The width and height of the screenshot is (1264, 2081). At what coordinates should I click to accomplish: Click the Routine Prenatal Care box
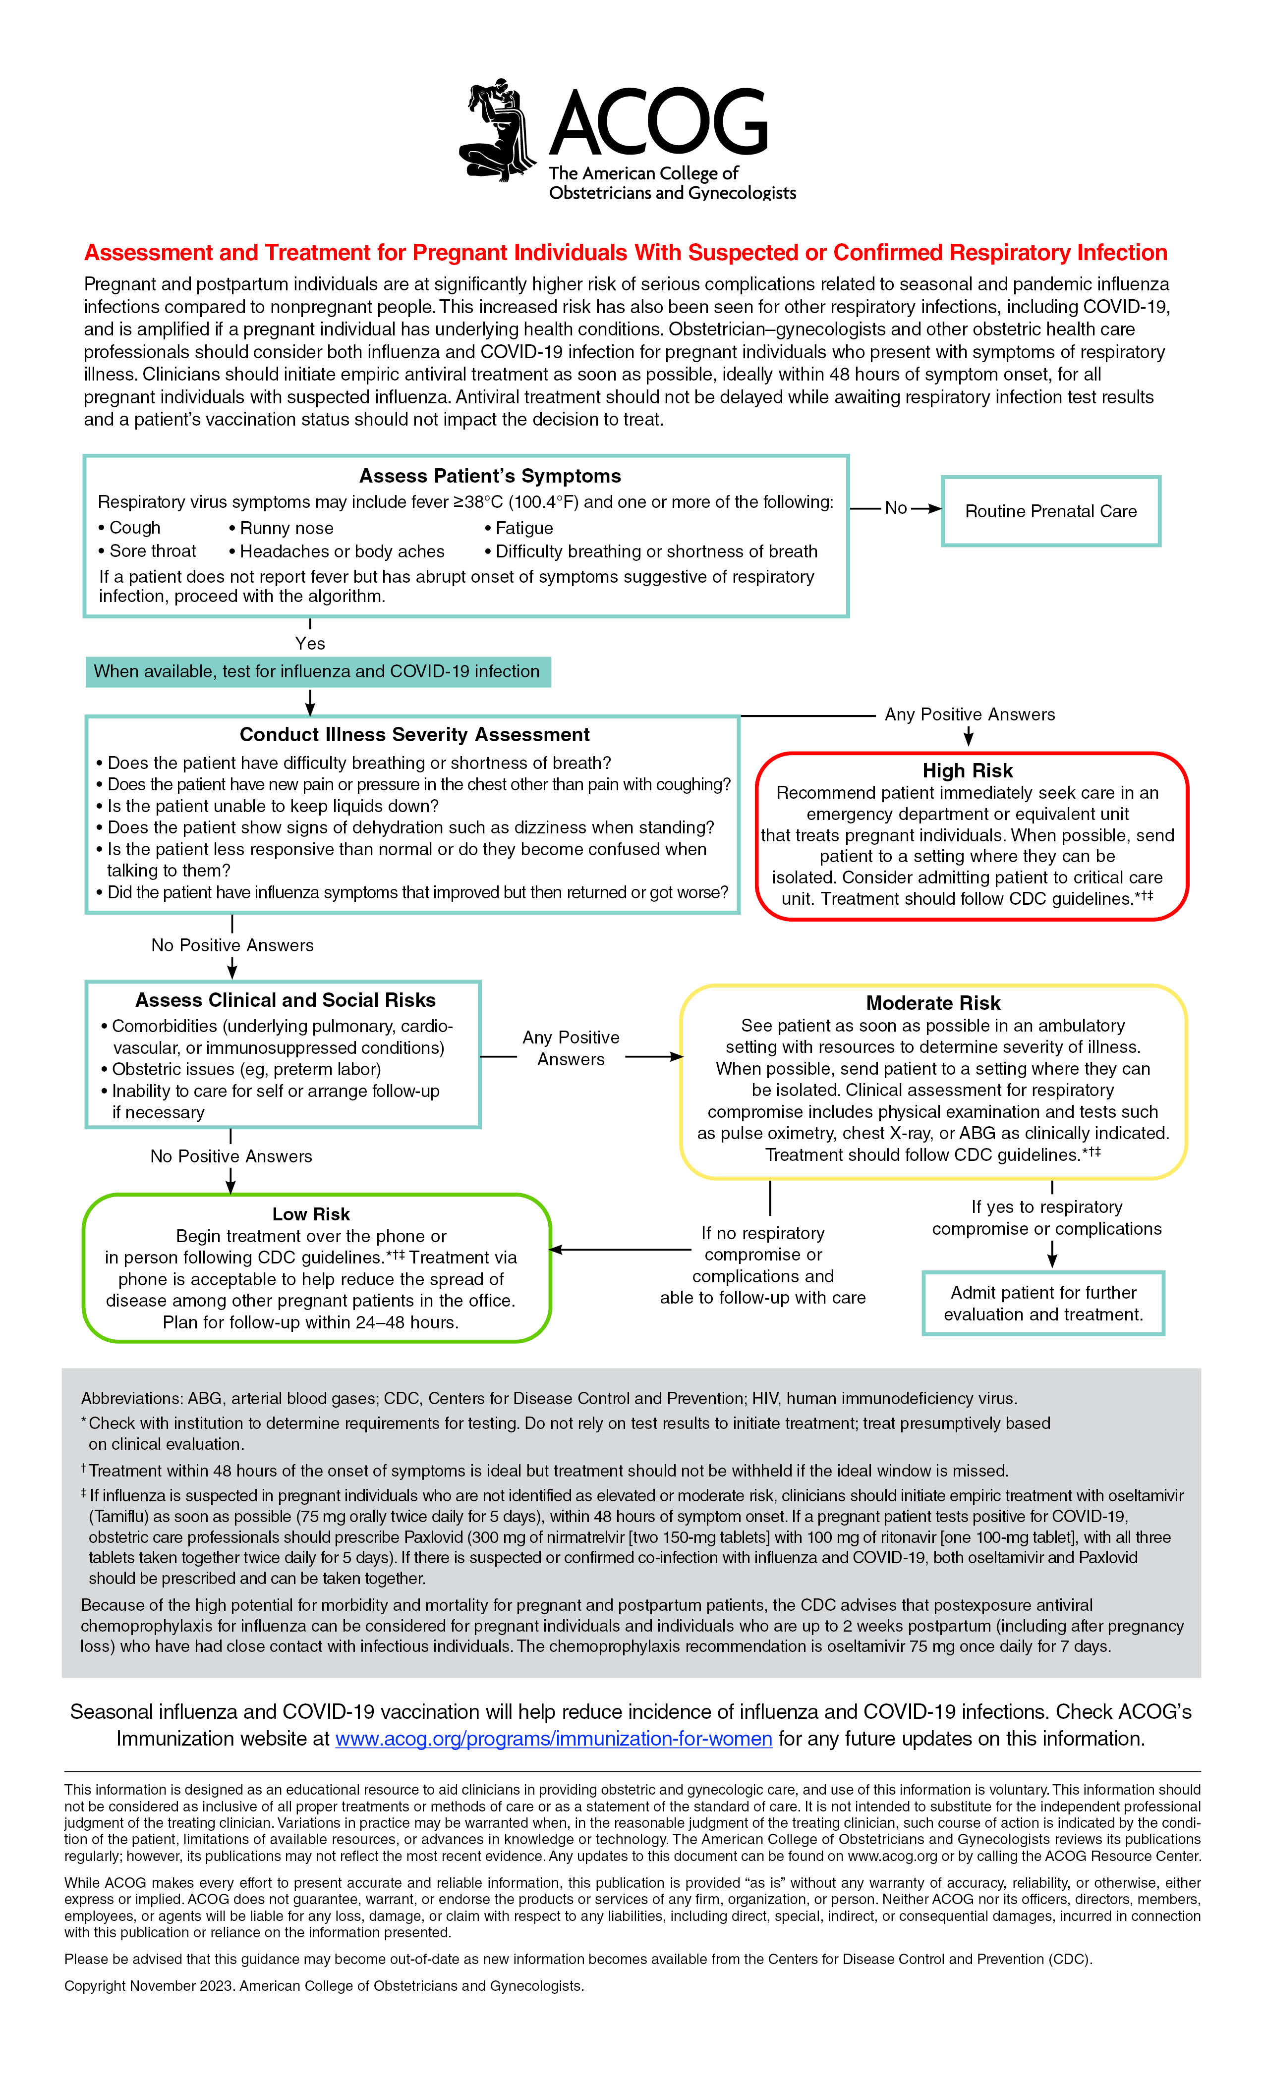(1050, 511)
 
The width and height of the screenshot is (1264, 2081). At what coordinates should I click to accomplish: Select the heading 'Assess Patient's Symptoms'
(490, 476)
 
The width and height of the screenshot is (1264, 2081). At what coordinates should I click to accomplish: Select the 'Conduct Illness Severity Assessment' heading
(414, 735)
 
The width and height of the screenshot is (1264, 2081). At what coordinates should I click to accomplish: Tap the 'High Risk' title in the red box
(968, 770)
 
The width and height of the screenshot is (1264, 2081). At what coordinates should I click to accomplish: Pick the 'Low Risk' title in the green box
(311, 1214)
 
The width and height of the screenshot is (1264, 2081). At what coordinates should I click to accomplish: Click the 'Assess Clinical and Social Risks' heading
(286, 1000)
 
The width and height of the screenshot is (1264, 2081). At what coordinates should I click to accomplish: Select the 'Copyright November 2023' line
(324, 1985)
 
